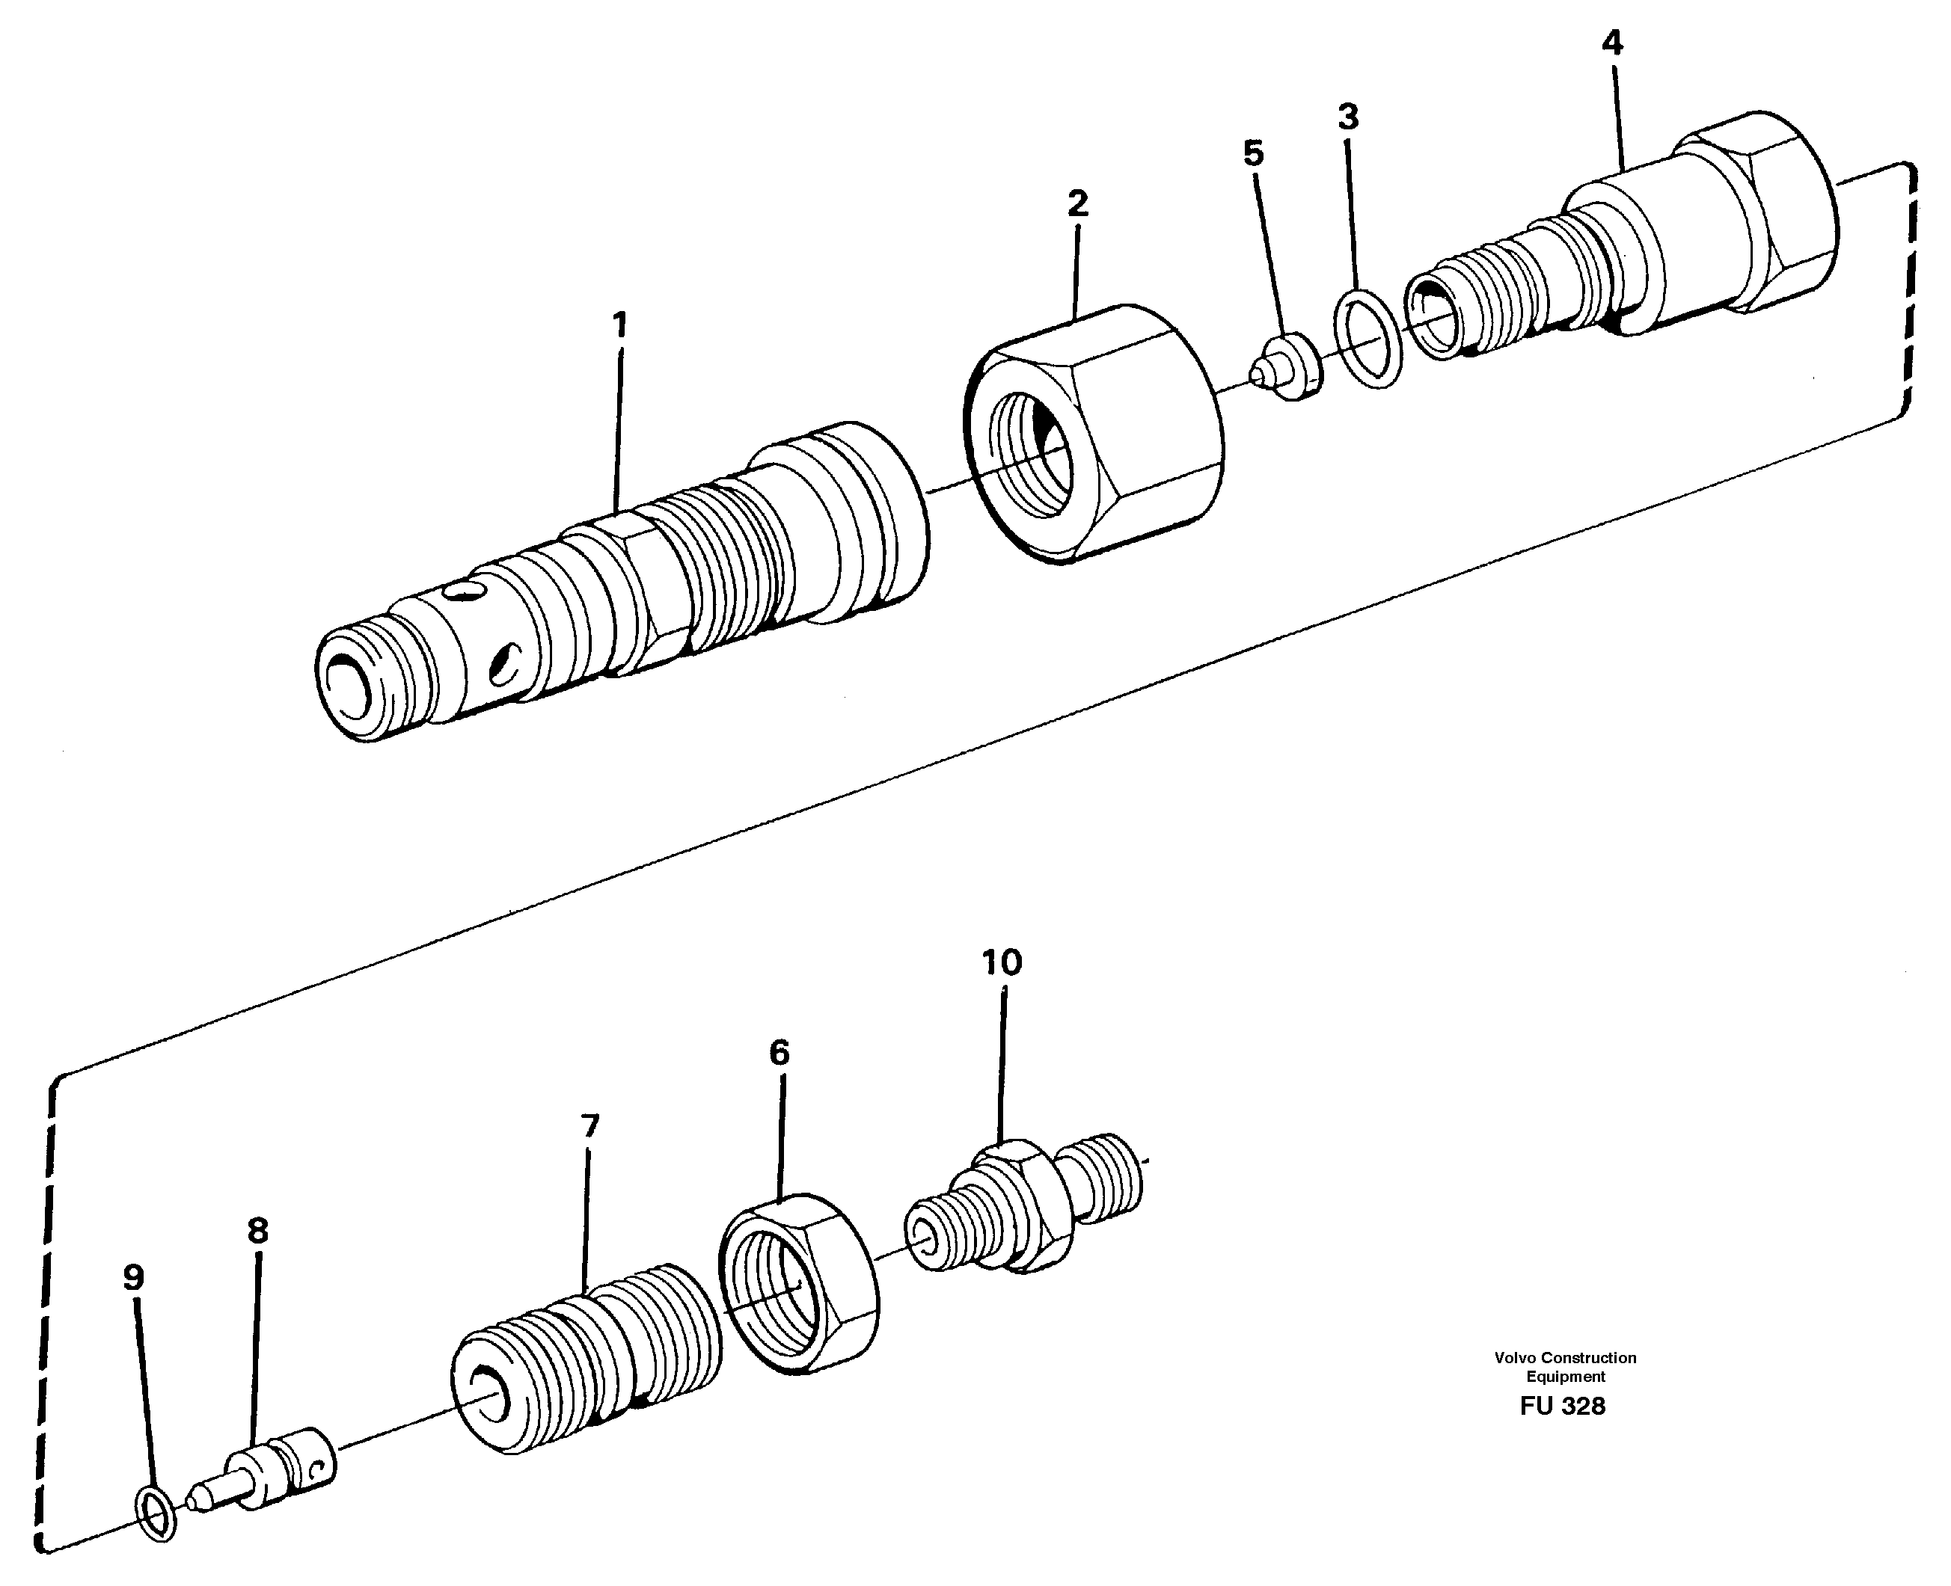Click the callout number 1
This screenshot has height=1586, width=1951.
619,325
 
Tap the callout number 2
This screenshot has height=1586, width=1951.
1078,203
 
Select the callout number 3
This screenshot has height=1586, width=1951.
1348,117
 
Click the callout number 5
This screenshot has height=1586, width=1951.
1253,153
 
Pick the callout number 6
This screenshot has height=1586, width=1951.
779,1054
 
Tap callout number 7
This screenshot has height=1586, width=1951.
589,1125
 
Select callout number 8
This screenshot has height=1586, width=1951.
257,1232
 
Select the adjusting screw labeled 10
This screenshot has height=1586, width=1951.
1023,1206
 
